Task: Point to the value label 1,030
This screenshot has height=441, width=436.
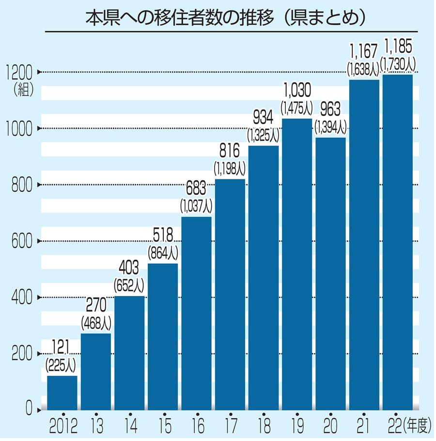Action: coord(297,90)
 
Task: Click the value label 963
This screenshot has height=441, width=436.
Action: coord(330,109)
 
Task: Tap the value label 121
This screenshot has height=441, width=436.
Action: coord(62,346)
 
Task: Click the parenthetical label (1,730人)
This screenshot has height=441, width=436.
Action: coord(397,63)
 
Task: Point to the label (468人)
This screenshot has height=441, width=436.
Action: coord(95,321)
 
